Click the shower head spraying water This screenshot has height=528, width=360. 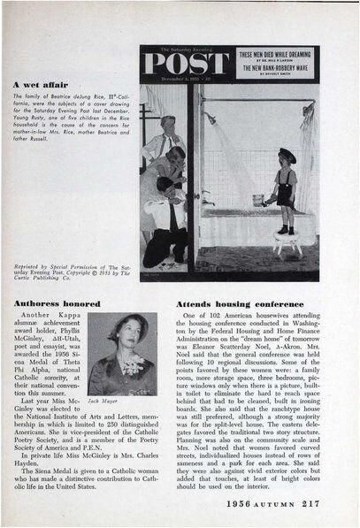tap(210, 116)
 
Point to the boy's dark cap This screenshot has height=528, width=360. tap(285, 156)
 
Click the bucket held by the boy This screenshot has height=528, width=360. tap(268, 201)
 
